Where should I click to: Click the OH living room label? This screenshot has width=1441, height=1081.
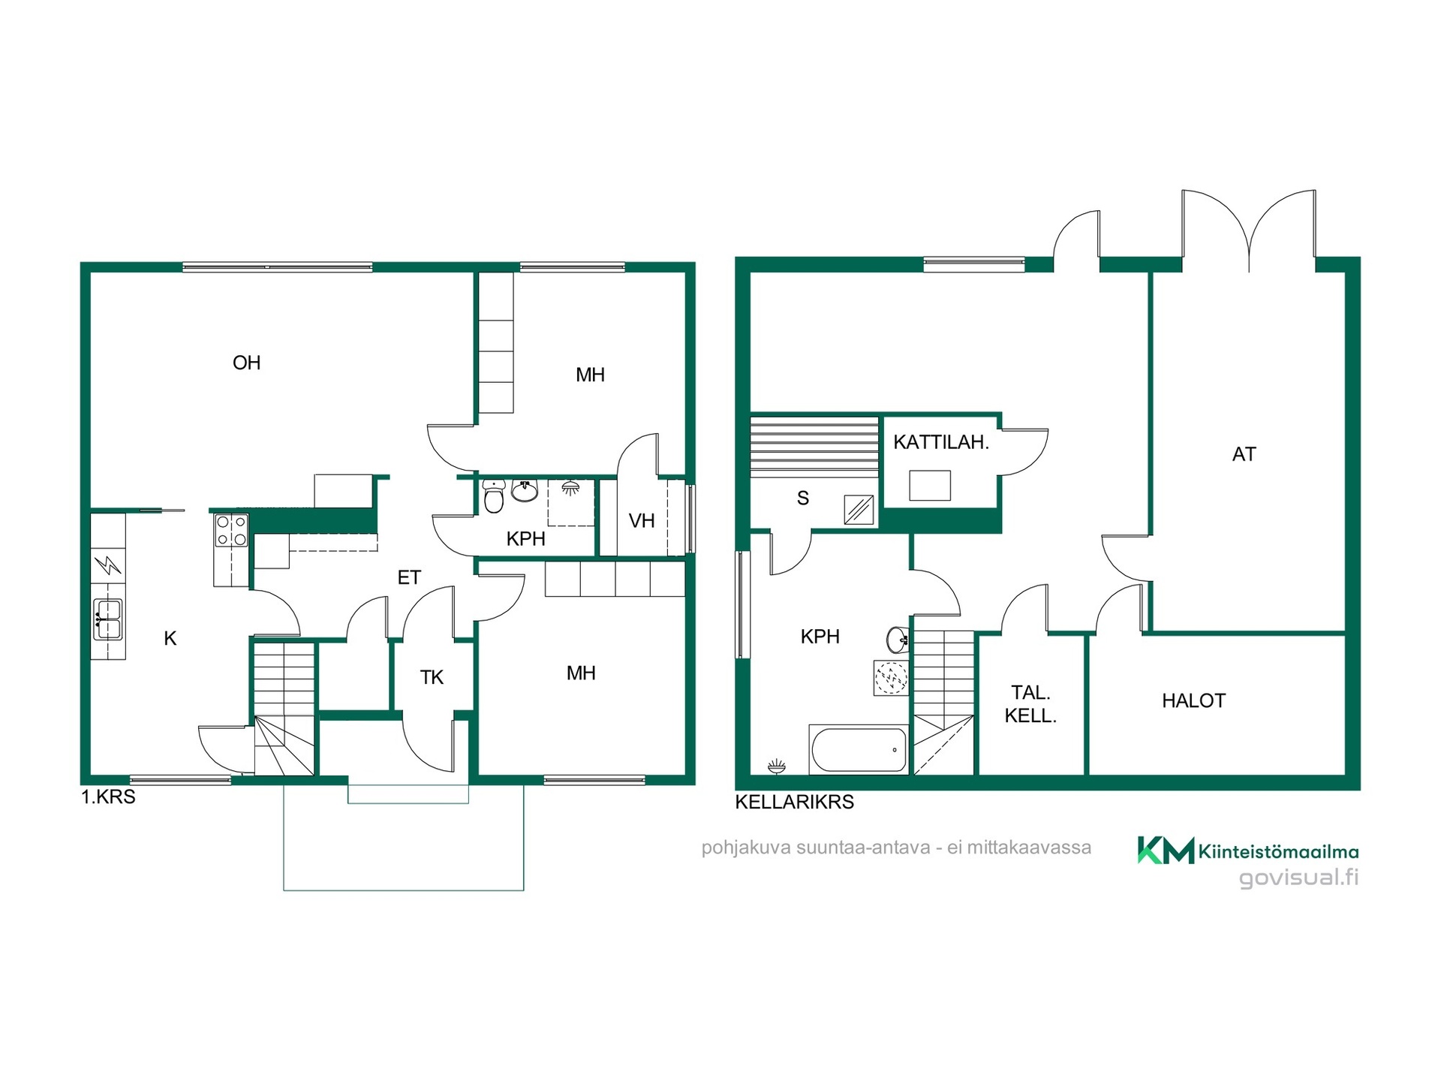[247, 363]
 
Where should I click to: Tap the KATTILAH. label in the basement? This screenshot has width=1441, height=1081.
[941, 443]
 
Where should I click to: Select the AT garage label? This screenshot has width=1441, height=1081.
[1244, 454]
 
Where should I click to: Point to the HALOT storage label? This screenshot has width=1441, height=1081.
[1193, 701]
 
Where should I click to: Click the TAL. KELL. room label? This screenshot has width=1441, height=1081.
[1030, 704]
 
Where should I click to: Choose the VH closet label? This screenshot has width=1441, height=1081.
[642, 521]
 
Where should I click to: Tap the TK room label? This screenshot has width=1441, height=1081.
[432, 678]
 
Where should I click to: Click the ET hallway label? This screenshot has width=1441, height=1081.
[409, 578]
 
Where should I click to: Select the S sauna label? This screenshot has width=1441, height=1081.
[803, 498]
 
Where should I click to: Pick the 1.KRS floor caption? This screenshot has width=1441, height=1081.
[108, 797]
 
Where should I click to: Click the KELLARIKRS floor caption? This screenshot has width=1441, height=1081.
[794, 802]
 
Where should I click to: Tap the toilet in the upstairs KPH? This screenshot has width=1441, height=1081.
[493, 495]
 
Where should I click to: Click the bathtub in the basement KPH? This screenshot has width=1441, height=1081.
[859, 749]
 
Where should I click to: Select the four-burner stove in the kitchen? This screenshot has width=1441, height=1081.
[232, 530]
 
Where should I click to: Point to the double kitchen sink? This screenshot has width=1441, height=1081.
[108, 619]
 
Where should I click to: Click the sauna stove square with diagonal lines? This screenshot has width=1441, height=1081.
[859, 510]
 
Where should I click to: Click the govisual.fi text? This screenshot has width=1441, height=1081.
[1298, 878]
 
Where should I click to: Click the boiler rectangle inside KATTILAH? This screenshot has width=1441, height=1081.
[930, 486]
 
